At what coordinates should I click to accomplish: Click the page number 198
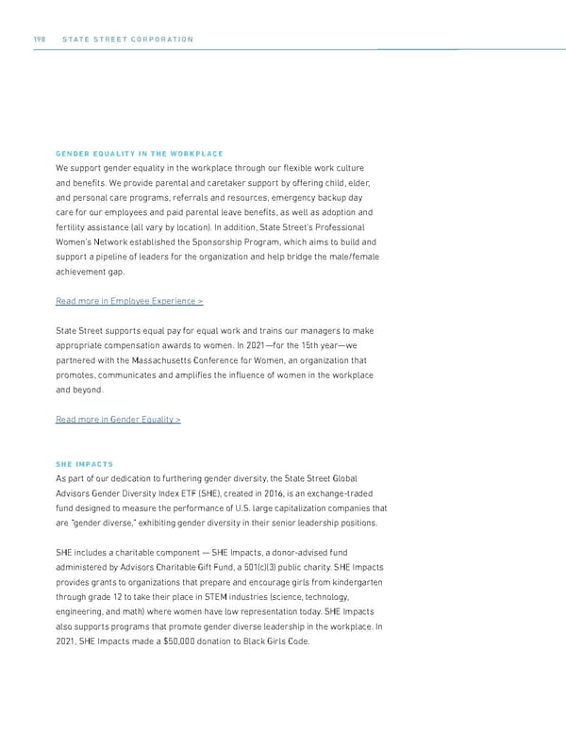click(39, 39)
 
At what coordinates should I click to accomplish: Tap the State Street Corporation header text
click(127, 39)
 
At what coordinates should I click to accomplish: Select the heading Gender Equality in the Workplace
click(140, 154)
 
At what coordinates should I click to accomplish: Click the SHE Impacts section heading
click(84, 464)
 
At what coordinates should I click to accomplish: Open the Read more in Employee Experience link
click(129, 301)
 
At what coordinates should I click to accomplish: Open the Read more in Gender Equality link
click(118, 420)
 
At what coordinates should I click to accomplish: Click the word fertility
click(73, 227)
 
